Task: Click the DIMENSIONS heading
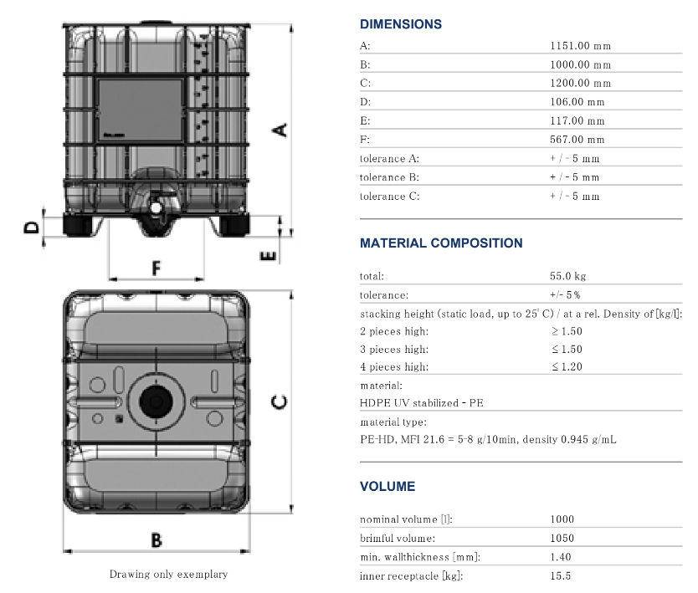400,24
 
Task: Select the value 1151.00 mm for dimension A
581,46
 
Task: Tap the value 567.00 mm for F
577,140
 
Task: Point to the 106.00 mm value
577,102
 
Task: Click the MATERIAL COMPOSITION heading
441,243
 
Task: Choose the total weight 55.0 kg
567,276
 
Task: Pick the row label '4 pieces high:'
394,366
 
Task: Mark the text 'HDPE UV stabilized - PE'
421,403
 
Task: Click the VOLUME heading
387,486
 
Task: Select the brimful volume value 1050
562,539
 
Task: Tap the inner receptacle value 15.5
561,576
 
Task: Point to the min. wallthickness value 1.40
561,557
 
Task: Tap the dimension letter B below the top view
157,539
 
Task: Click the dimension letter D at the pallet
31,227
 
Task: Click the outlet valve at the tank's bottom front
157,206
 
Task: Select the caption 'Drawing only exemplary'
168,575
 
